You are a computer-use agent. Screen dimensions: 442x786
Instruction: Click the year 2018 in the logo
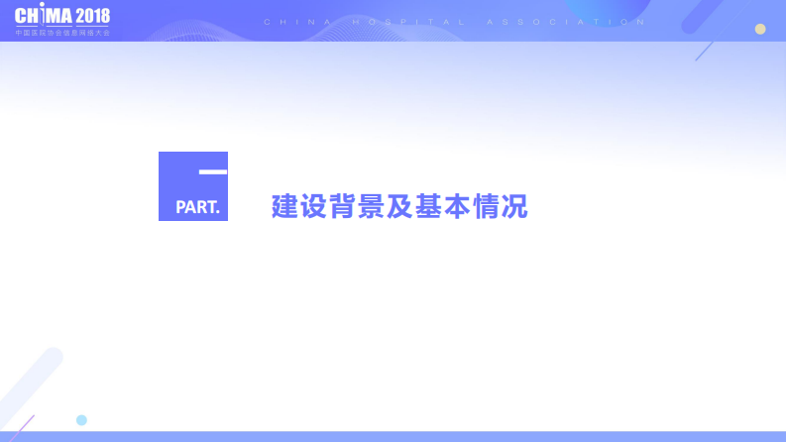click(x=92, y=18)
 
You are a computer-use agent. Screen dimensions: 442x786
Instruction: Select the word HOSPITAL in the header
click(x=409, y=21)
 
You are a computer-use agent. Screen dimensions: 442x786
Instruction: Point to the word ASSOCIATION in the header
click(x=559, y=21)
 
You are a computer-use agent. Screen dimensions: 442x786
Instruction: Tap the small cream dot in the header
click(x=760, y=29)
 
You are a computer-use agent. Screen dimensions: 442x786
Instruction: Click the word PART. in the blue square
click(x=197, y=208)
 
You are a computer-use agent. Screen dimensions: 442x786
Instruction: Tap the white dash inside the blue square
click(x=212, y=172)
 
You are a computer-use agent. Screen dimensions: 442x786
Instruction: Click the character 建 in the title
click(x=284, y=207)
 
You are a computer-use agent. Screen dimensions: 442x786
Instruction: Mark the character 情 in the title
click(x=486, y=207)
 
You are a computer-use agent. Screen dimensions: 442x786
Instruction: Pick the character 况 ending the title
click(x=514, y=207)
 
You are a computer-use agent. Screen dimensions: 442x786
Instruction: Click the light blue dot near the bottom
click(x=81, y=420)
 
